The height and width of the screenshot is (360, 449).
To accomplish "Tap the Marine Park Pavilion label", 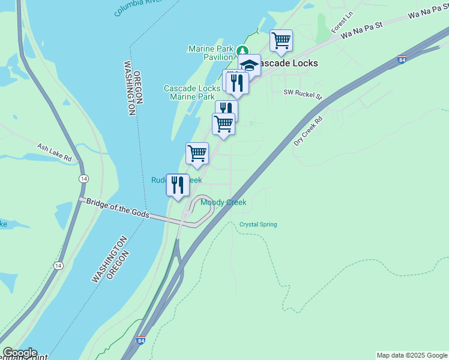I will tap(210, 53).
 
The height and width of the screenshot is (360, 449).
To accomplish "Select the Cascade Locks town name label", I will tap(285, 63).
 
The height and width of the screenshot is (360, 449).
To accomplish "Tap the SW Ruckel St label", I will tap(303, 94).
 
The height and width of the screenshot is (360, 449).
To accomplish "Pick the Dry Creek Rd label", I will tap(308, 128).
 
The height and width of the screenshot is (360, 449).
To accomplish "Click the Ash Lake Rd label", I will tap(54, 152).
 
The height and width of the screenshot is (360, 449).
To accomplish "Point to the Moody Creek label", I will tap(223, 203).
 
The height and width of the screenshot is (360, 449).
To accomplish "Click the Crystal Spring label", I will tap(258, 224).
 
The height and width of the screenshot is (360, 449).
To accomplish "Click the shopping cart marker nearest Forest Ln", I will tap(281, 41).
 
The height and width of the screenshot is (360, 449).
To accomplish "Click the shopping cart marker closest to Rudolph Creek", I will tap(197, 154).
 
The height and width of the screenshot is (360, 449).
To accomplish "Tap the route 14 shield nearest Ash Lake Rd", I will tap(83, 179).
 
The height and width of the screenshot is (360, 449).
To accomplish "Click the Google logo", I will tap(19, 353).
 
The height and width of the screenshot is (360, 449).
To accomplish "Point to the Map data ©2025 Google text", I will tap(412, 355).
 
